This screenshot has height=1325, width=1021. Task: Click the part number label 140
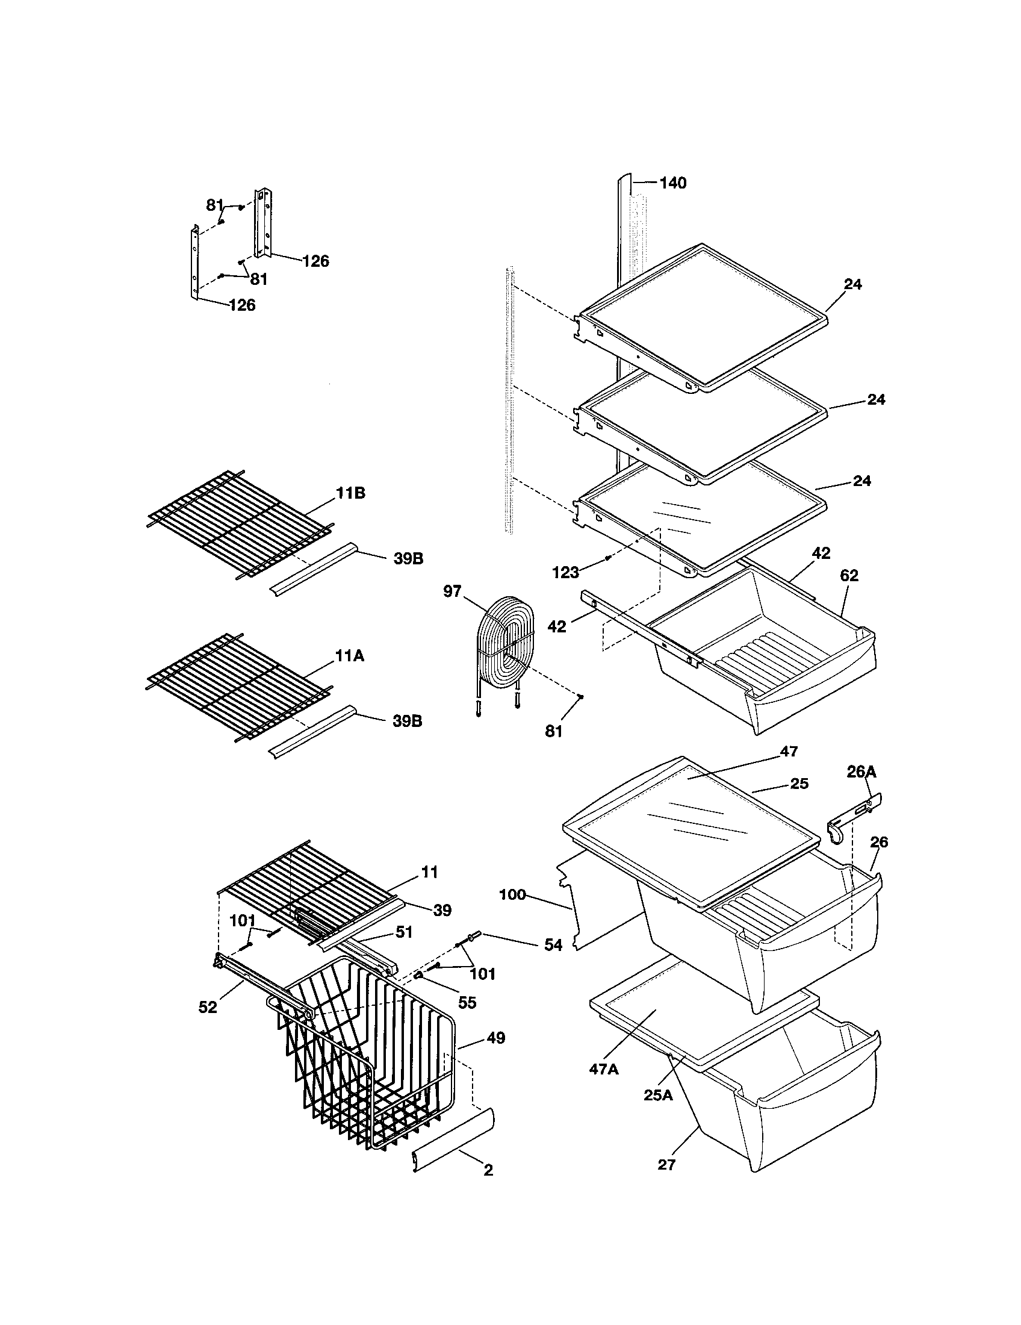[x=672, y=182]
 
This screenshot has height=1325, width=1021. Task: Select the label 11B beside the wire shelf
[x=351, y=493]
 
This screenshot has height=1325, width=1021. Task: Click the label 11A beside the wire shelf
[x=350, y=655]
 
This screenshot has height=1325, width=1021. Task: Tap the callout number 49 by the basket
[x=495, y=1038]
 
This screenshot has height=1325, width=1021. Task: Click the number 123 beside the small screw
[x=566, y=572]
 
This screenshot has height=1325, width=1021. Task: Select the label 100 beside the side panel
[x=512, y=894]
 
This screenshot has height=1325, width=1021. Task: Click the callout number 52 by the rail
[x=208, y=1007]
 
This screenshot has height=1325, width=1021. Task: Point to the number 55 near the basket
[x=467, y=1002]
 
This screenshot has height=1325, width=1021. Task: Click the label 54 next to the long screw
[x=553, y=944]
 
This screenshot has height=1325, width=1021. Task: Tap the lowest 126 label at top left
[x=242, y=305]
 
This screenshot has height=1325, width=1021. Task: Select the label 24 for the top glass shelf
[x=852, y=284]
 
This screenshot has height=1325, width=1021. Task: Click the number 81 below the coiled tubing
[x=554, y=732]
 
